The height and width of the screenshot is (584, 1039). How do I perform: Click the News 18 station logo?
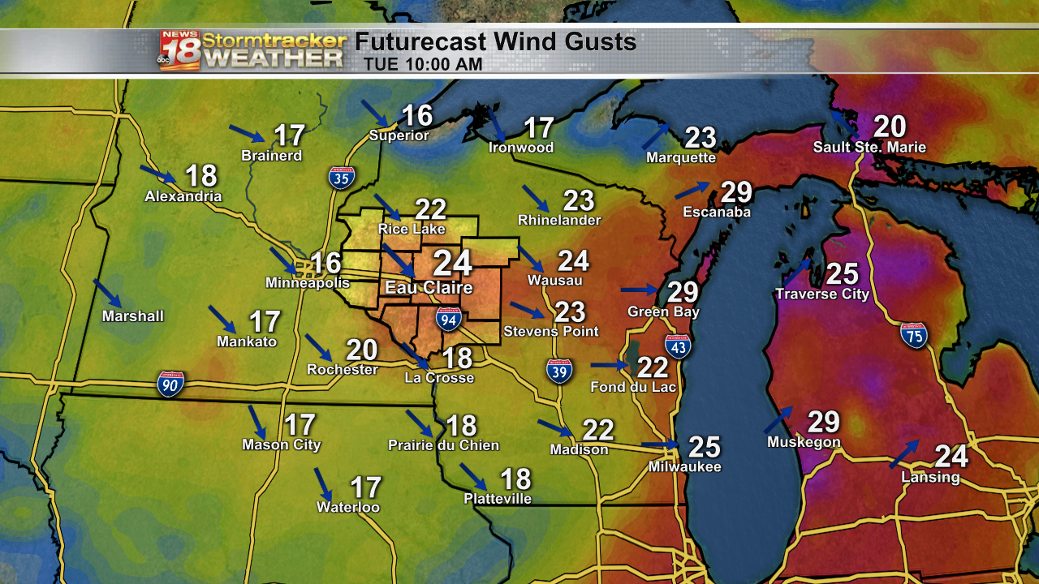(x=179, y=50)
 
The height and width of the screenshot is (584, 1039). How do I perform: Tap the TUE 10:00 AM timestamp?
(x=423, y=64)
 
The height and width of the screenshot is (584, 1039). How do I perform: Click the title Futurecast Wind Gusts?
(x=495, y=41)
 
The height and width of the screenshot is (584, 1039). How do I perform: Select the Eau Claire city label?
(x=417, y=288)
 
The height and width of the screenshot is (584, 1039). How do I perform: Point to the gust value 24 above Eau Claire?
(x=452, y=263)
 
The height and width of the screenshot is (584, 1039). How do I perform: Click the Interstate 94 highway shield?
(x=448, y=319)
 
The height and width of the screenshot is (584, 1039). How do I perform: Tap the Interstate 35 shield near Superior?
(x=341, y=178)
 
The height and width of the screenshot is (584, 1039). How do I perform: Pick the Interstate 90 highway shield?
(x=170, y=384)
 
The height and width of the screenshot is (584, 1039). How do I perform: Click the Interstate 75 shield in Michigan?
(x=913, y=335)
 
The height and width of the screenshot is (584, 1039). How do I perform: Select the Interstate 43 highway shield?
(x=678, y=346)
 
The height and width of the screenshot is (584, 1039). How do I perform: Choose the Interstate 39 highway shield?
(x=558, y=371)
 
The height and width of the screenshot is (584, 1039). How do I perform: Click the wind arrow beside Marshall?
(x=107, y=293)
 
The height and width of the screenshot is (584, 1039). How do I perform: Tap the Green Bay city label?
(x=663, y=312)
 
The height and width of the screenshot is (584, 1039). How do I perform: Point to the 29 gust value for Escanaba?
(x=737, y=192)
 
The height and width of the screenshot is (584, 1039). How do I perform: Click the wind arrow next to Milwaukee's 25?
(x=660, y=445)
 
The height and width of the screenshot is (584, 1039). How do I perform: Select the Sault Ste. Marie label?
(x=869, y=148)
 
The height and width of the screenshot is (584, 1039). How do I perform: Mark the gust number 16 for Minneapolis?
(x=326, y=263)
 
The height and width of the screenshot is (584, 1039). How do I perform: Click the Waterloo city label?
(x=348, y=508)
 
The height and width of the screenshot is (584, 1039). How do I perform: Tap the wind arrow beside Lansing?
(x=903, y=454)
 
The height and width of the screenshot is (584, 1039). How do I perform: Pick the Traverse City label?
(x=821, y=294)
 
